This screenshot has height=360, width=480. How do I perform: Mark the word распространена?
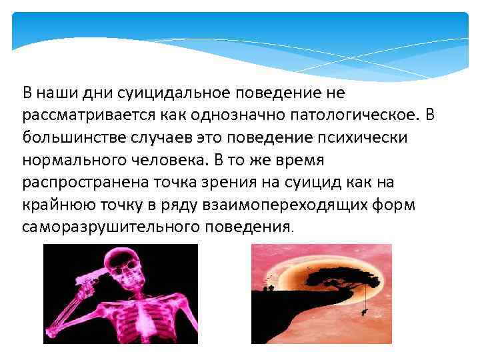click(x=86, y=182)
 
